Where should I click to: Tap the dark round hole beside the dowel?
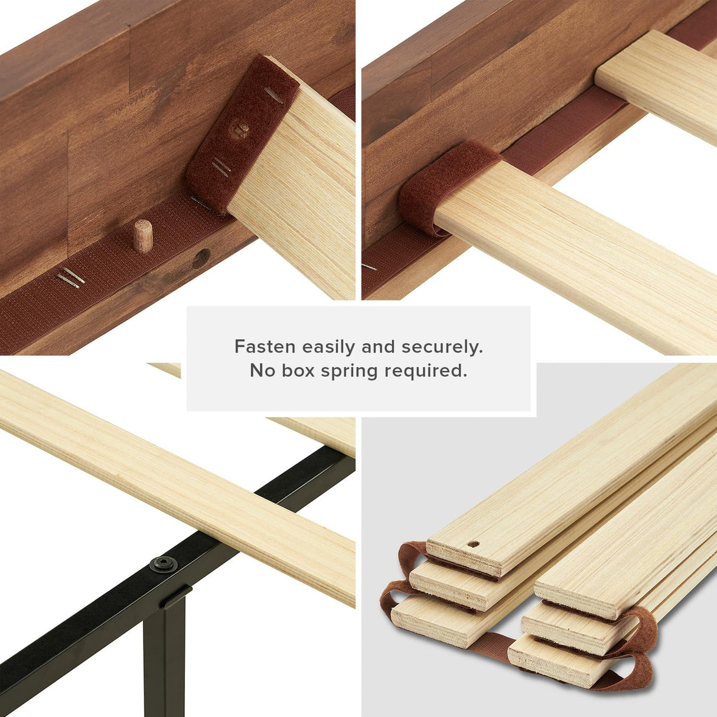click(201, 258)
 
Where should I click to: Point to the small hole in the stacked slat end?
click(472, 543)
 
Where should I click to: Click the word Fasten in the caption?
click(265, 346)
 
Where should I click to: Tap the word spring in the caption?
click(350, 371)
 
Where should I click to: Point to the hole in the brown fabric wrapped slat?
click(241, 128)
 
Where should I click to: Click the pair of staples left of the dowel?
click(71, 278)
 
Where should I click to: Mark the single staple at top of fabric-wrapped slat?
click(273, 94)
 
